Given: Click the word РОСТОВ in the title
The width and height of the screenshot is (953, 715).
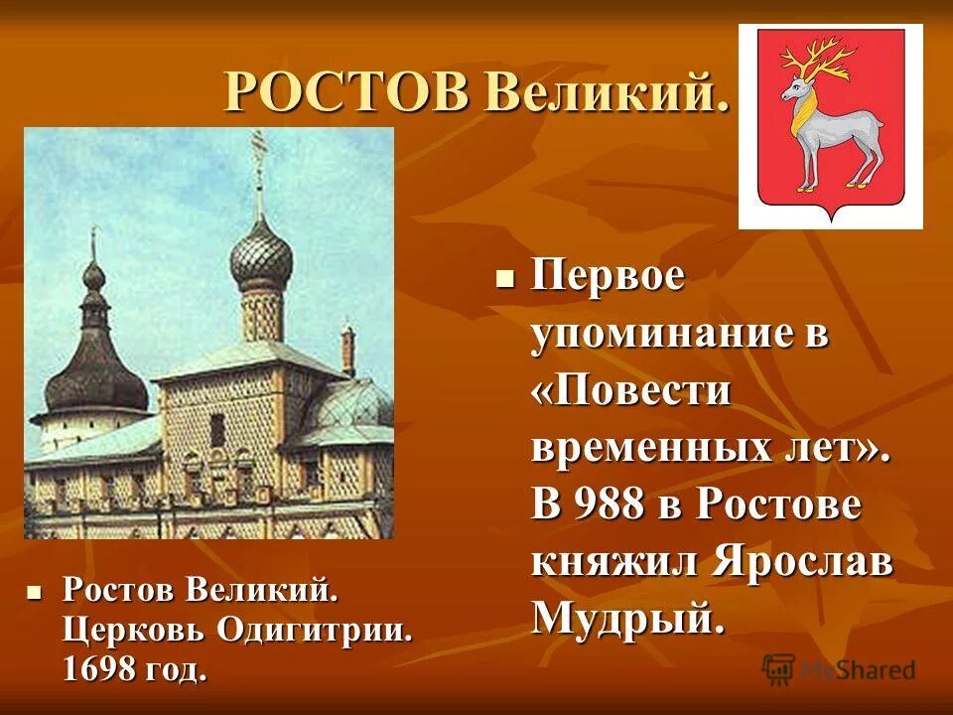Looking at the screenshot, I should [347, 94].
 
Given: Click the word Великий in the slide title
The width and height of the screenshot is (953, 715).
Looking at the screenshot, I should [606, 94].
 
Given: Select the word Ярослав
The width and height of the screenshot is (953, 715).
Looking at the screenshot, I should [804, 563].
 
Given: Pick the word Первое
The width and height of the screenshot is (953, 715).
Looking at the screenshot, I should [608, 277].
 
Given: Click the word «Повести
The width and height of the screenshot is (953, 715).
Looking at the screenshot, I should [631, 391].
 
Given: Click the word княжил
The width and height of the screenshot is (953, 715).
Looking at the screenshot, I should [614, 563].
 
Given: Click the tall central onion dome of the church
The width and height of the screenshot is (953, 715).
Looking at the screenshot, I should [261, 255].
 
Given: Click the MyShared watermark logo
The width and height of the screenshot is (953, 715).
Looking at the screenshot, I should [839, 669].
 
